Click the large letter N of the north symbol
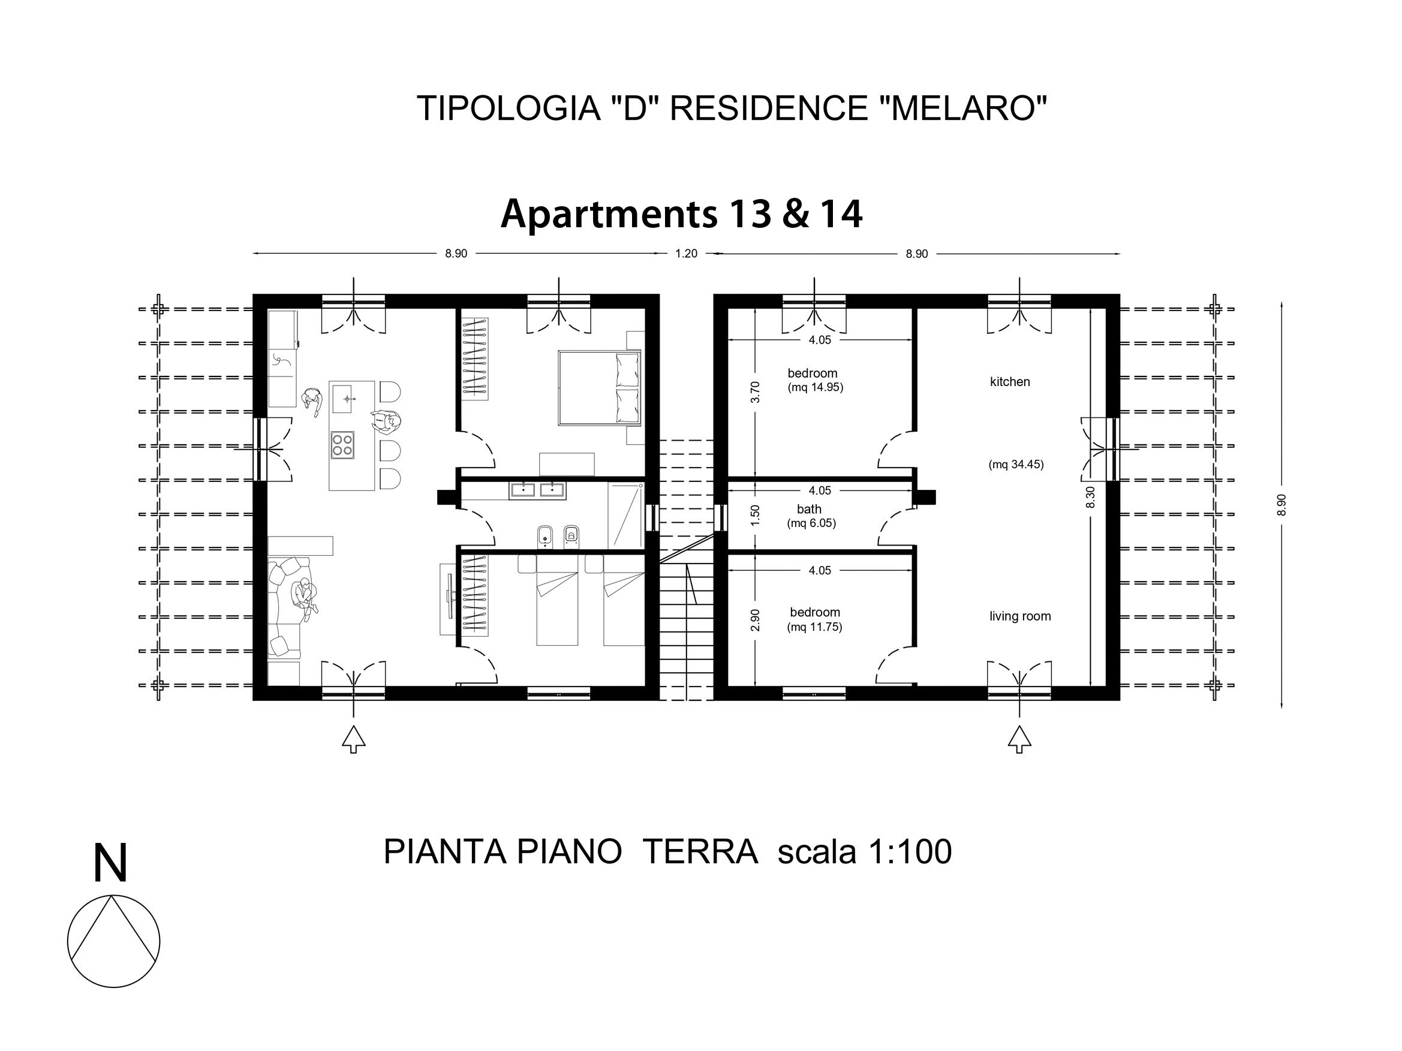pos(110,862)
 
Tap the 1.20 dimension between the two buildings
pos(686,254)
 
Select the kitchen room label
pos(1010,382)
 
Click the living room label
pos(1020,616)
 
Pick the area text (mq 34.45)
pos(1016,465)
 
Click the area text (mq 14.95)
pos(815,388)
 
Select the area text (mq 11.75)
pos(814,628)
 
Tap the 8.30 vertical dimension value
pos(1090,496)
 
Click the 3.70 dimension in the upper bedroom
pos(754,392)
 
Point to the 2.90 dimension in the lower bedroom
pos(754,620)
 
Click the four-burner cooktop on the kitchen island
pos(342,444)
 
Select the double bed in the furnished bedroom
pos(599,388)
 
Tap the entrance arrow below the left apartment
pos(353,740)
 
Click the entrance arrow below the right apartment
pos(1019,740)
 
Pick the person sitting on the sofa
pos(304,595)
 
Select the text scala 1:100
pos(865,852)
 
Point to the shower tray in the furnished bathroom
pos(625,516)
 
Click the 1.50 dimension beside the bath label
pos(754,516)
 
